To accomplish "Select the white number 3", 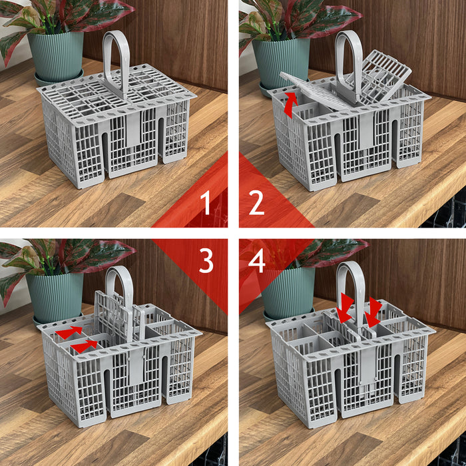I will tap(206, 261).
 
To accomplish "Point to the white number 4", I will tap(257, 261).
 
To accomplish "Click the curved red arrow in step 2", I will tap(289, 105).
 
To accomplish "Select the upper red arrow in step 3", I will tap(70, 331).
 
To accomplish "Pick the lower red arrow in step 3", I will tap(84, 346).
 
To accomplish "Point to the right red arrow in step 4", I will tap(374, 312).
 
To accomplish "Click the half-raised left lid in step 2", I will tap(313, 90).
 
